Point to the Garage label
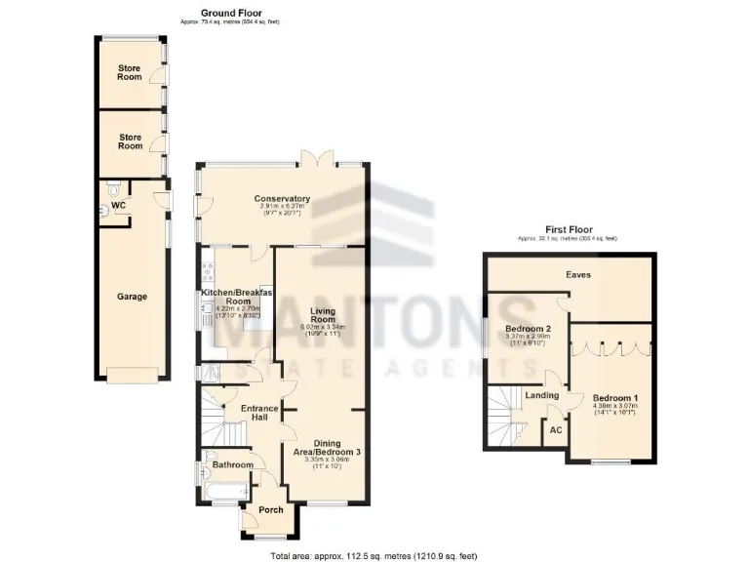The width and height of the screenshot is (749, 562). tap(132, 296)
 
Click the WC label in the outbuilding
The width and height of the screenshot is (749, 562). tap(119, 206)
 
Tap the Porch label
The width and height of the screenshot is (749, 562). tap(270, 510)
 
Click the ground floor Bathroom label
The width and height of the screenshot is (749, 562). tap(232, 465)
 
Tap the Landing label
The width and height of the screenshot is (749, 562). tap(541, 395)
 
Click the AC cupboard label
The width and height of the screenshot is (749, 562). tap(556, 429)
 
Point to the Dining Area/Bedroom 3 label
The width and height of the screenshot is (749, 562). tap(327, 448)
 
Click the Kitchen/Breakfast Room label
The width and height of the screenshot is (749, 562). tap(232, 297)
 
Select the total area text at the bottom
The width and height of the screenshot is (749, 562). tap(374, 555)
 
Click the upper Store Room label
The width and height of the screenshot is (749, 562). tap(130, 72)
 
